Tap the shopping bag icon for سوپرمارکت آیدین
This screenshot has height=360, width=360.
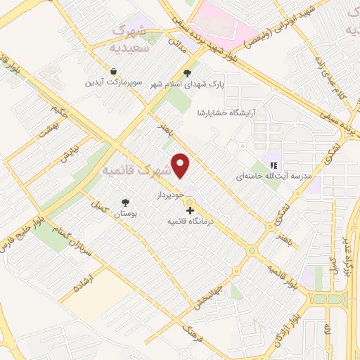112,71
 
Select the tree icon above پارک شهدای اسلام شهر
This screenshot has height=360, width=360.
187,72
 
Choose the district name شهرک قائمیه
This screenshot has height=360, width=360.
136,171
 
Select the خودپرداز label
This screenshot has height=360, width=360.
170,191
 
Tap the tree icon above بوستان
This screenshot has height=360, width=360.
126,200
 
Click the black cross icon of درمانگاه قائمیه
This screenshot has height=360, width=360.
189,210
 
